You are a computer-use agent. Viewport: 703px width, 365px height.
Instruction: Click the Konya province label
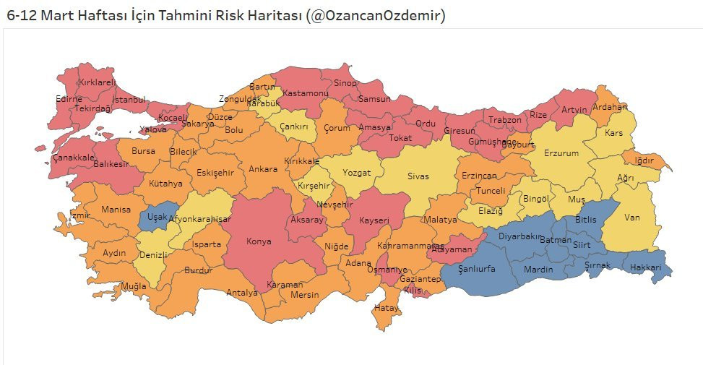pos(259,241)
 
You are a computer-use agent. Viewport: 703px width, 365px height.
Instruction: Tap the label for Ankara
pos(263,169)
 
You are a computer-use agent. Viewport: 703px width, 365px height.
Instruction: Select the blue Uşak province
pos(157,217)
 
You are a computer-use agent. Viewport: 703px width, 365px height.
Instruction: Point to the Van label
pos(632,217)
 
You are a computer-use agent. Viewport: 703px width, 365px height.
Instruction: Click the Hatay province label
pos(387,308)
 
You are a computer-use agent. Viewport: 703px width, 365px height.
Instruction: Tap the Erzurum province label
pos(561,153)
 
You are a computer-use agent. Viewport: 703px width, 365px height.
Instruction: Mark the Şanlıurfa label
pos(477,269)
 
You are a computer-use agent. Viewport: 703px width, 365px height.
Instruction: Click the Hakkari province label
pos(645,267)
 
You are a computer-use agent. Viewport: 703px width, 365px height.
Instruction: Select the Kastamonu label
pos(305,93)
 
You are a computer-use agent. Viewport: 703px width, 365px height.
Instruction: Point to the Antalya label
pos(241,293)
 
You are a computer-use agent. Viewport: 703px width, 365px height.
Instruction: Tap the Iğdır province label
pos(644,160)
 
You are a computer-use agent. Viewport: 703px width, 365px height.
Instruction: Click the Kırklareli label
pos(97,82)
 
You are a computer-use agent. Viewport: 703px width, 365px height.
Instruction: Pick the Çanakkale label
pos(73,157)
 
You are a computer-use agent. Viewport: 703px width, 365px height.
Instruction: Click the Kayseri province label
pos(374,220)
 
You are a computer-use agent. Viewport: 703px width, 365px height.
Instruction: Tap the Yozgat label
pos(356,173)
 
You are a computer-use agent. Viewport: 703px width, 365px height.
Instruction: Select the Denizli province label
pos(153,255)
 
